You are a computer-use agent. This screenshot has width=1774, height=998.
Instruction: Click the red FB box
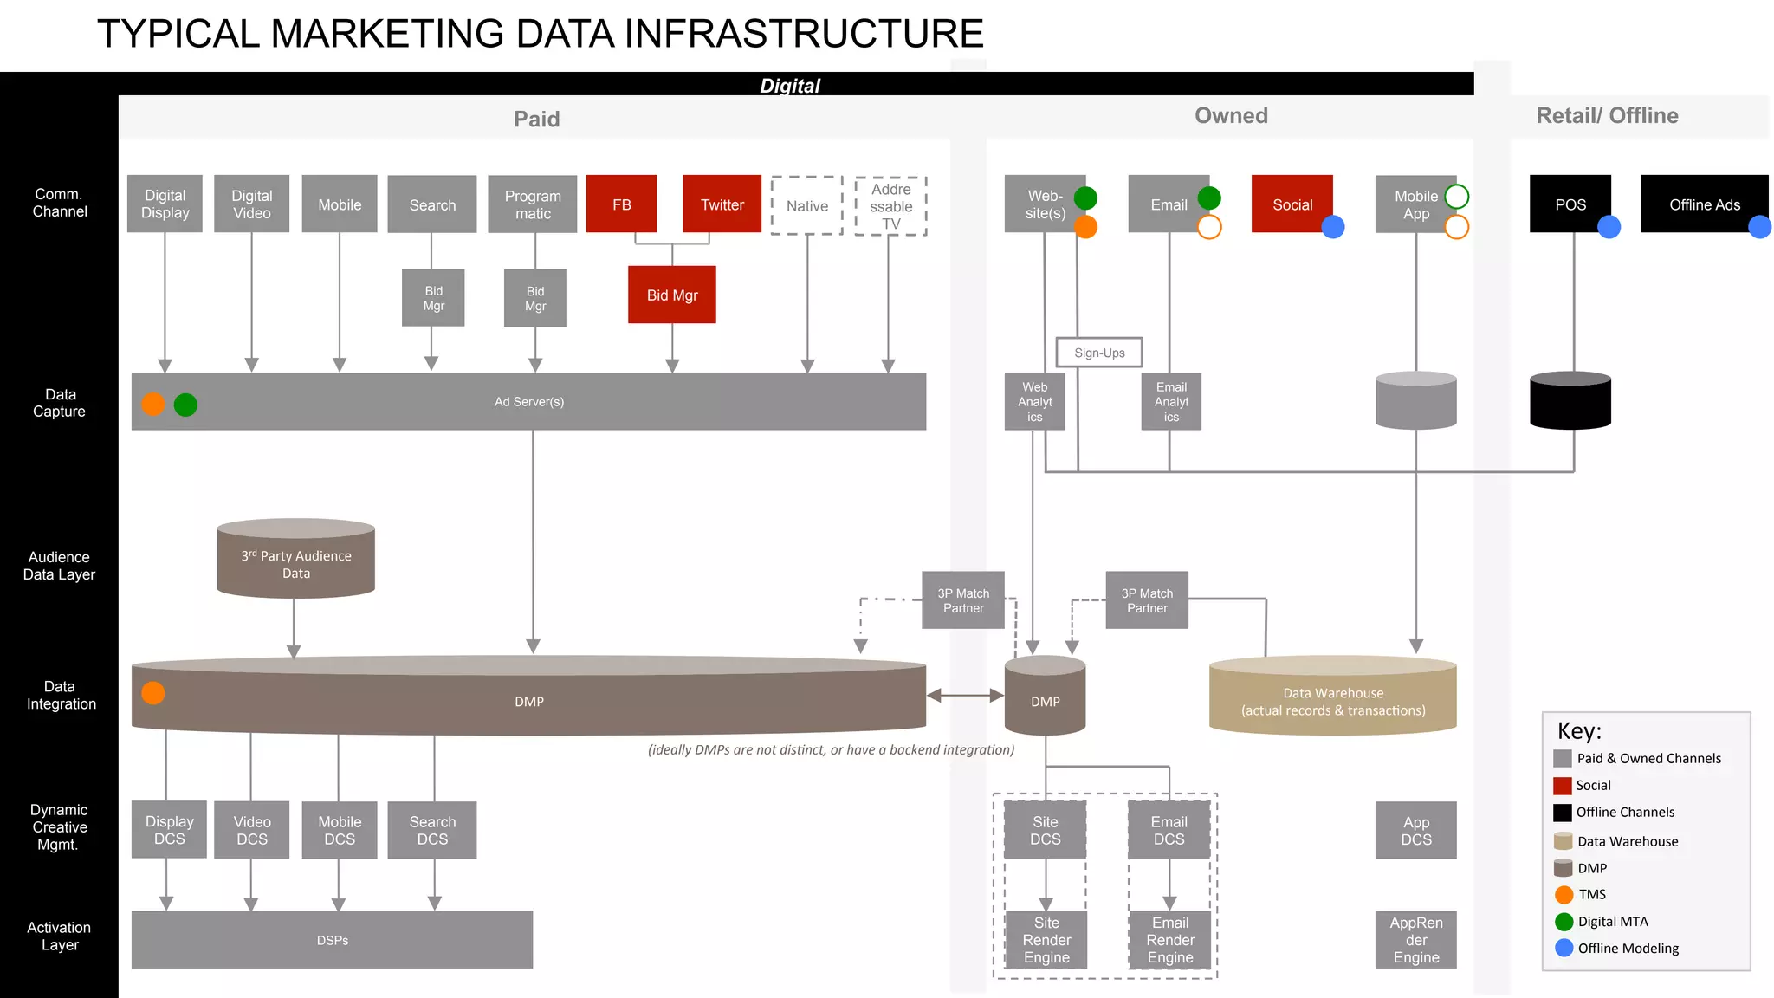click(621, 204)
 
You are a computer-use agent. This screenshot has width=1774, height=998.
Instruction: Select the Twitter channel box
click(722, 204)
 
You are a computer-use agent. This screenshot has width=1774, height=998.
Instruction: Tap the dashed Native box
click(806, 205)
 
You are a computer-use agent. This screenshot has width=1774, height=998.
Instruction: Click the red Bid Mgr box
click(671, 295)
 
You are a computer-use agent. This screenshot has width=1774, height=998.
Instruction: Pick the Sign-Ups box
click(1098, 353)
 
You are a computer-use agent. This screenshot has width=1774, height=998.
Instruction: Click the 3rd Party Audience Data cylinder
click(295, 561)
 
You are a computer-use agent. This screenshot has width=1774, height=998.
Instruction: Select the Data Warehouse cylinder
click(1332, 698)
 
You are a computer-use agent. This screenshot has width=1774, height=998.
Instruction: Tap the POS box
click(1569, 204)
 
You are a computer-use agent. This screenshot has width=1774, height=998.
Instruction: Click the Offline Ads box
click(1703, 204)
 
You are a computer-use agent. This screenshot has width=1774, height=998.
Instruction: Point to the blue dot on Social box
click(1332, 227)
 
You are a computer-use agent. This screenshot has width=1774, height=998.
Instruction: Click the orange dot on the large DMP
click(153, 693)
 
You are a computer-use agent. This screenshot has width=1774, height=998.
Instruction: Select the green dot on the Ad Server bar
click(185, 405)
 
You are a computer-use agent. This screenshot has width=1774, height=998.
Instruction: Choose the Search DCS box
click(431, 830)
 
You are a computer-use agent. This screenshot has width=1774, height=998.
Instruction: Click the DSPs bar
click(332, 940)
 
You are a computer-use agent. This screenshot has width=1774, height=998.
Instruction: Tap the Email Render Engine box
click(1169, 940)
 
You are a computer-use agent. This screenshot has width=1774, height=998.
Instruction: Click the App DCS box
click(1415, 830)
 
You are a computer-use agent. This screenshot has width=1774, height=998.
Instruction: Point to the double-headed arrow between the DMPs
click(965, 695)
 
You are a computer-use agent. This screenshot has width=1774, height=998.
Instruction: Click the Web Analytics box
click(1034, 402)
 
